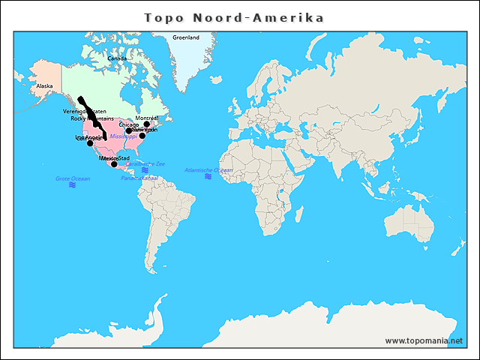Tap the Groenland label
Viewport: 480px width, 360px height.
tap(186, 37)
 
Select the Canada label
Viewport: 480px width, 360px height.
tap(117, 58)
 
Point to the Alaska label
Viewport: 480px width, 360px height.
tap(44, 86)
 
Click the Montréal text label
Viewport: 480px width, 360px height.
tap(147, 118)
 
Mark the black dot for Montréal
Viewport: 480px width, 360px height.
tap(147, 124)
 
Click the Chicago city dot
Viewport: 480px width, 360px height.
tap(129, 130)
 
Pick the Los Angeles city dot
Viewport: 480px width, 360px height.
tap(90, 143)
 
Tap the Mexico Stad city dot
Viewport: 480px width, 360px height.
tap(114, 163)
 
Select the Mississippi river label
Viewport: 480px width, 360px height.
tap(124, 136)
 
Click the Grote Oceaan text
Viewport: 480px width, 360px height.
tap(73, 178)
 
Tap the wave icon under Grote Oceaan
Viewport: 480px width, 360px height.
tap(73, 185)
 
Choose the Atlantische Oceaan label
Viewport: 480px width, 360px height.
tap(208, 170)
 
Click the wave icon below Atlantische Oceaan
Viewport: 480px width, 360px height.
tap(208, 177)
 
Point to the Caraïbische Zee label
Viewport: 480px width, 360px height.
tap(145, 163)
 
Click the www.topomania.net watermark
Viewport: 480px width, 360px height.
tap(424, 340)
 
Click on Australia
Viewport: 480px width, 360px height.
tap(409, 220)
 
